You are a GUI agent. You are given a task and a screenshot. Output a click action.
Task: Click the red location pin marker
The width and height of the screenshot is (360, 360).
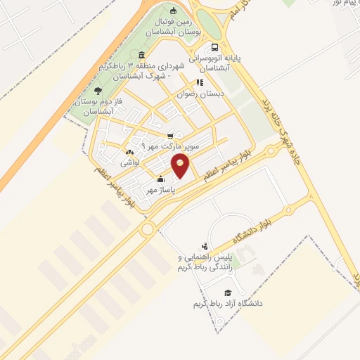tap(181, 167)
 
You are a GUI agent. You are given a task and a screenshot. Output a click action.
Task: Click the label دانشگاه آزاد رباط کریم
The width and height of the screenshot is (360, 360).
tap(228, 304)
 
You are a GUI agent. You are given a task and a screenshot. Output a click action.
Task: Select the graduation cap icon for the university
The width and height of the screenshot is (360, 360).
tap(227, 292)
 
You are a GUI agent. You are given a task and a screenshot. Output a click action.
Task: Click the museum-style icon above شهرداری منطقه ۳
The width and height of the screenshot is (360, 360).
tap(142, 56)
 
